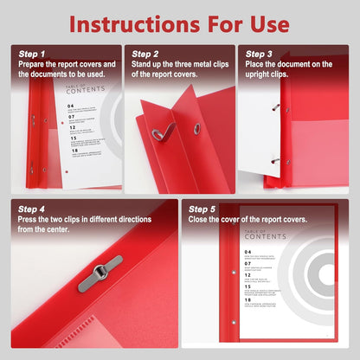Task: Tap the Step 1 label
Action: [31, 54]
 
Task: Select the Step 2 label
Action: [146, 54]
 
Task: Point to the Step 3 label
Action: [260, 54]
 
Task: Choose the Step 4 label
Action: [31, 209]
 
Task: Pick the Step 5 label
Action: [202, 209]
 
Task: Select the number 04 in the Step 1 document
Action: [70, 106]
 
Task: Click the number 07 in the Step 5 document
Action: [224, 264]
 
